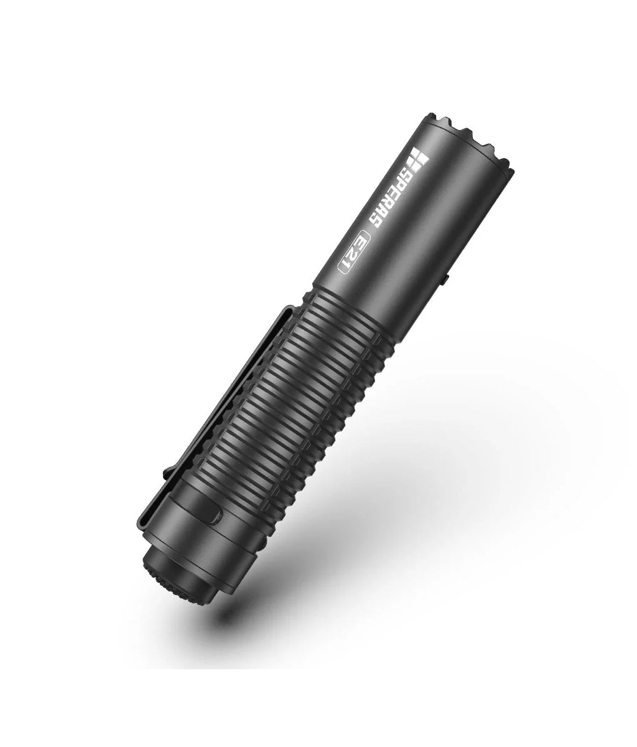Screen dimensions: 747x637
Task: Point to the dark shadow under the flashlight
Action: [x=373, y=560]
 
